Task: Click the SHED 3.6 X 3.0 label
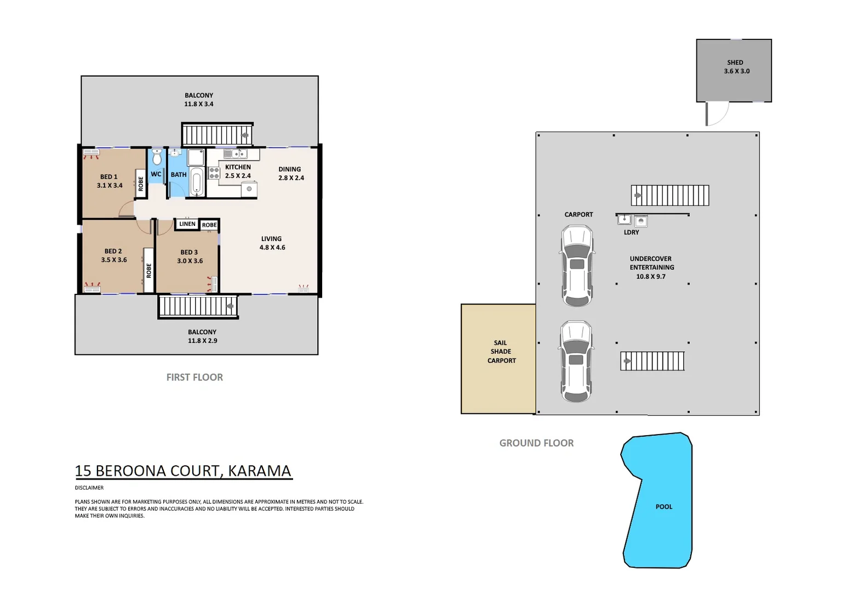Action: [x=736, y=67]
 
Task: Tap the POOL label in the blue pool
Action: [x=663, y=506]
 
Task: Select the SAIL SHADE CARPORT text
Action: [x=501, y=351]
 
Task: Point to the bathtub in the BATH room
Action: [x=197, y=181]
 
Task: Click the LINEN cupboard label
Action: [x=187, y=224]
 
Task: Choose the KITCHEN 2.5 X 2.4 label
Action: [x=238, y=172]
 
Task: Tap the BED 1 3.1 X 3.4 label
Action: [x=109, y=181]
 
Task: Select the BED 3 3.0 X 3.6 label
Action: [x=190, y=257]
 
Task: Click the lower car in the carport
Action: [x=576, y=361]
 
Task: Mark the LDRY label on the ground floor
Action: [x=631, y=232]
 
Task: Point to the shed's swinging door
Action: [x=717, y=114]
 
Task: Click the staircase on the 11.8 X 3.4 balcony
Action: [x=217, y=134]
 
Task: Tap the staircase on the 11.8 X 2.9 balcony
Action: [x=198, y=306]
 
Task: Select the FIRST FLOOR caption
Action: [x=194, y=377]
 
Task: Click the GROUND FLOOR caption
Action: [x=536, y=443]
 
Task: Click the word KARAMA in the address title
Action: [x=259, y=471]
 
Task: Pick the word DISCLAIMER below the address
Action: [x=89, y=488]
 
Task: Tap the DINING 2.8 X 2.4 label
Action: [x=290, y=173]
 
